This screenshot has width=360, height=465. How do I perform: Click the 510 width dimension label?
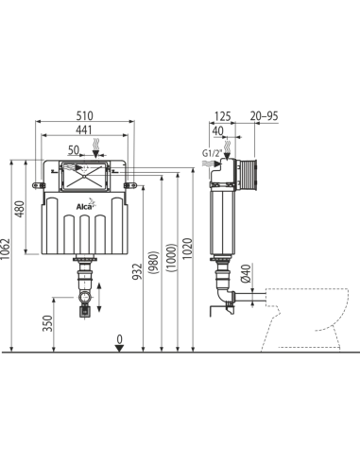85,115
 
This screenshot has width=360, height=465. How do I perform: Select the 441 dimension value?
85,129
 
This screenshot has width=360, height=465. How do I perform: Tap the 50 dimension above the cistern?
74,150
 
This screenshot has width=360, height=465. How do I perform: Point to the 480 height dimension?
20,209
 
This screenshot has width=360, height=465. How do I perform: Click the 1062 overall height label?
6,249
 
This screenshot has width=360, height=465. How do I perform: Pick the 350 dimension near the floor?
47,323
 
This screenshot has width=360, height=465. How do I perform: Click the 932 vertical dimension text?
137,271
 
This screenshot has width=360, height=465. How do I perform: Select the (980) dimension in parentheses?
155,262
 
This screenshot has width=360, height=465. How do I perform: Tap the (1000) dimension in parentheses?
172,258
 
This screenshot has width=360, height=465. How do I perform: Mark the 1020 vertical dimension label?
187,249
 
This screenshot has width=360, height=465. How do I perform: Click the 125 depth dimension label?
223,116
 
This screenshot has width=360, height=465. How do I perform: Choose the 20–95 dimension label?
264,116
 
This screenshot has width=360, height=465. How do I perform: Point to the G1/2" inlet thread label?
212,154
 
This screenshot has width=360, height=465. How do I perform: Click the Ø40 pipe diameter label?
246,273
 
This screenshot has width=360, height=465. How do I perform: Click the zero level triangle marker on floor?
119,348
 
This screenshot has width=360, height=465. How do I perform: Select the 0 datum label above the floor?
119,339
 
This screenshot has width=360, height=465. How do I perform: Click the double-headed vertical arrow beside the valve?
99,298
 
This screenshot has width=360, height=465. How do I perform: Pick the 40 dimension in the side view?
217,131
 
